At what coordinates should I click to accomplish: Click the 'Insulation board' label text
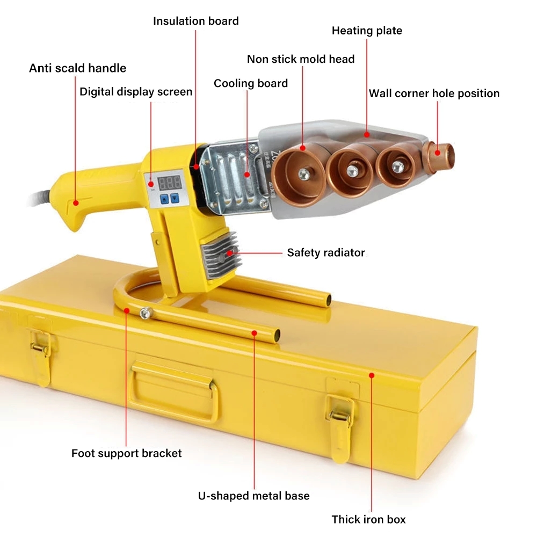195,21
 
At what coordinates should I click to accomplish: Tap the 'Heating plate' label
367,31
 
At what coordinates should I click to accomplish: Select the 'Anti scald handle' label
77,68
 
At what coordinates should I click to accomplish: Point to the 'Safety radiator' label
325,252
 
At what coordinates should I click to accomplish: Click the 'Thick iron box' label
368,519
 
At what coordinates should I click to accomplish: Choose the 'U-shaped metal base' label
253,496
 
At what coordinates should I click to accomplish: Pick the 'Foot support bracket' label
126,453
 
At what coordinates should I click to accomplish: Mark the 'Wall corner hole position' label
434,93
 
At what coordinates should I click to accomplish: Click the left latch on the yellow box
40,349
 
